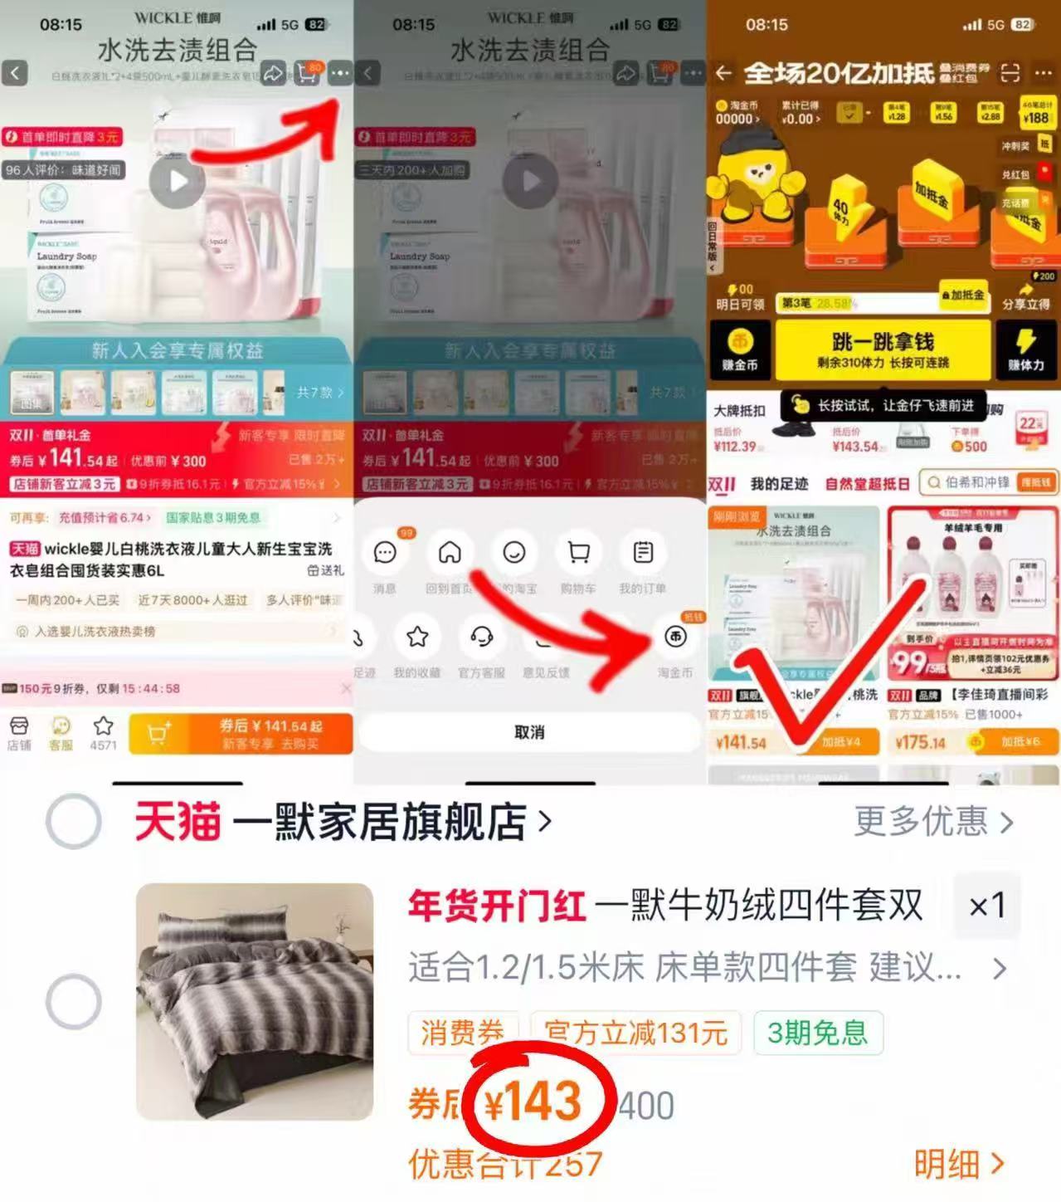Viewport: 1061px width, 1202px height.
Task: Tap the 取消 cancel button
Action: point(528,732)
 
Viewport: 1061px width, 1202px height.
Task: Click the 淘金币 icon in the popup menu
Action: point(675,637)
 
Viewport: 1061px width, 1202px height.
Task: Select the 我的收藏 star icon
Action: point(417,637)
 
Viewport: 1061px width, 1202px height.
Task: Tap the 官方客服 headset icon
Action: point(482,637)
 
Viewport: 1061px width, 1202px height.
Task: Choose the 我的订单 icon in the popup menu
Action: point(643,553)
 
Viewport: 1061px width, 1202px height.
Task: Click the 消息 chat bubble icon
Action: point(385,553)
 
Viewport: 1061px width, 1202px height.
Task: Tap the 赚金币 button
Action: point(740,349)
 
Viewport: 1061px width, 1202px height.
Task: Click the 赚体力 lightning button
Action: point(1026,349)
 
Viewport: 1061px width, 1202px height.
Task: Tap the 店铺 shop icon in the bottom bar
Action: point(19,732)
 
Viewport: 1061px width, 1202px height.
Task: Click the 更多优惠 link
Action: point(932,822)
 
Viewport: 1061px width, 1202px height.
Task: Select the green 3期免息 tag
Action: point(817,1033)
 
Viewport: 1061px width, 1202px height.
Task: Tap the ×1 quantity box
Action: point(987,906)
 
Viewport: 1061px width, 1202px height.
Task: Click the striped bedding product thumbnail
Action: point(255,1002)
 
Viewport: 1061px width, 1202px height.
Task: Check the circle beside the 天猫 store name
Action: point(74,822)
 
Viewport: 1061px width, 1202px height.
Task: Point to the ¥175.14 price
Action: point(920,742)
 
